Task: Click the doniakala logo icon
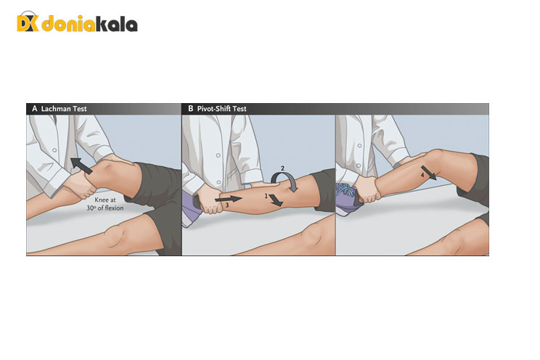(28, 22)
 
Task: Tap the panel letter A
(34, 109)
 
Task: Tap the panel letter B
(190, 109)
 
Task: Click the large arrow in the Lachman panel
(81, 165)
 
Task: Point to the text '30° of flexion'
(105, 208)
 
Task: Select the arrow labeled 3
(229, 199)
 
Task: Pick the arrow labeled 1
(276, 200)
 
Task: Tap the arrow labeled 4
(428, 173)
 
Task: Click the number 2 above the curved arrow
(282, 168)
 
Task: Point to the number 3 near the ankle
(227, 205)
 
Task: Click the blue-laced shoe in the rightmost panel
(348, 199)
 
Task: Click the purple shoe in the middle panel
(191, 209)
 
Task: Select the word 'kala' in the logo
(116, 24)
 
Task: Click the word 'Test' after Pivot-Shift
(240, 109)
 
